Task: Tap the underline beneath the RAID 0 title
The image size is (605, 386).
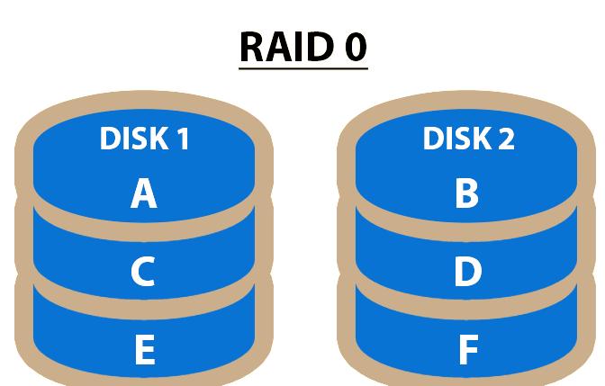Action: (303, 66)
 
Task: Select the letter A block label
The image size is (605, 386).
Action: (144, 193)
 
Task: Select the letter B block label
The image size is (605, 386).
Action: (466, 193)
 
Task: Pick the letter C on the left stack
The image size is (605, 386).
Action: (142, 272)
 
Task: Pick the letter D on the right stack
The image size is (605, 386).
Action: (467, 272)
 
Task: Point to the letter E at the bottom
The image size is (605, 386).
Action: (144, 350)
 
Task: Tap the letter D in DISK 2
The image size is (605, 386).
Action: (434, 139)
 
